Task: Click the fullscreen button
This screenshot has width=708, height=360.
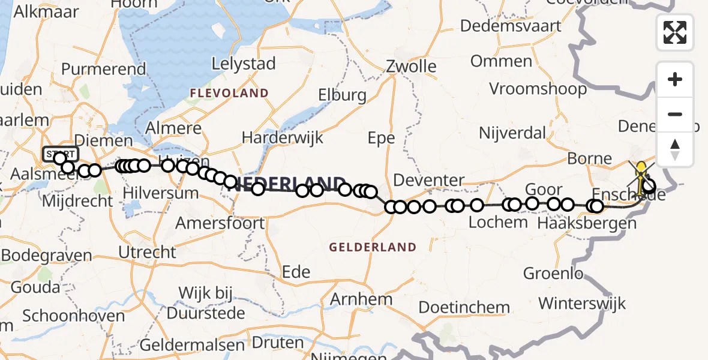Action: click(675, 32)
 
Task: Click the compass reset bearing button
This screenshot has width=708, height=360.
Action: click(675, 149)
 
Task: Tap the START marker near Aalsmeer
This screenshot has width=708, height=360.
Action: click(60, 154)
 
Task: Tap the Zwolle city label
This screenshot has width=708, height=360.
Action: click(411, 66)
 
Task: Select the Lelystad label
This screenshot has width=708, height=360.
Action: click(244, 64)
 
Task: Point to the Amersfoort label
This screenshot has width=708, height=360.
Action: click(220, 223)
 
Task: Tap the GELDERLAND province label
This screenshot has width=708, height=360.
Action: click(373, 247)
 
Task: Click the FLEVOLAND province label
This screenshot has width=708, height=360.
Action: click(229, 93)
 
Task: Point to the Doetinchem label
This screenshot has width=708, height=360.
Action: click(464, 308)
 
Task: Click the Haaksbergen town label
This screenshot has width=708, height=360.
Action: click(587, 224)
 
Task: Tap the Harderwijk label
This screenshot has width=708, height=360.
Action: click(282, 137)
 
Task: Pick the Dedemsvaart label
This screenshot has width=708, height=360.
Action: click(511, 26)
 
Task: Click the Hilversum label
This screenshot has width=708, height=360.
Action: click(160, 193)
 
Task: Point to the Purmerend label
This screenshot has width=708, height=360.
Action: click(104, 68)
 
